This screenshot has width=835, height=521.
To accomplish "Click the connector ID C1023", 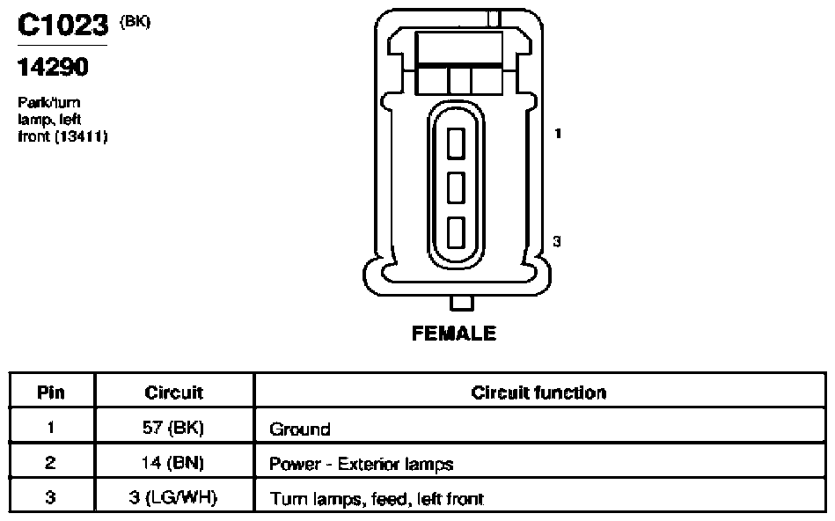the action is tap(62, 25).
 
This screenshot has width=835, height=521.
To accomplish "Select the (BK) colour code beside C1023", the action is tap(136, 22).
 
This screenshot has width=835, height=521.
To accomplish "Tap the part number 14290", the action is tap(53, 67).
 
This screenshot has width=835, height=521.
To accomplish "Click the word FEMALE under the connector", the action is tap(454, 334).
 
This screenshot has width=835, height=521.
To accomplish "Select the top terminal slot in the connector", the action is tap(456, 143).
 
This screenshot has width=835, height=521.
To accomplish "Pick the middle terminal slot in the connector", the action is tap(456, 187).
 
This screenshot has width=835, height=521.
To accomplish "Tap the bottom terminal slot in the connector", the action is tap(456, 232).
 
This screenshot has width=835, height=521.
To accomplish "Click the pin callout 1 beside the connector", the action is tap(558, 133).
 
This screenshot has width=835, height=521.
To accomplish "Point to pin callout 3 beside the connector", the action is tap(557, 241).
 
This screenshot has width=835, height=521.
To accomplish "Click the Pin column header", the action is tap(51, 393).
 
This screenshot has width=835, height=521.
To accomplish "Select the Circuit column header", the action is tap(174, 393).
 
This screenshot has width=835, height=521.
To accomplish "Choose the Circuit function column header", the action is tap(538, 393).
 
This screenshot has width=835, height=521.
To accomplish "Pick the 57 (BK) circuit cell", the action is tap(173, 427).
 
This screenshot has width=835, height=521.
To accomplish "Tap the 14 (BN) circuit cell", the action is tap(173, 462).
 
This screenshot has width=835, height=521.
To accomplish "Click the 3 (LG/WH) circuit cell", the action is tap(173, 497).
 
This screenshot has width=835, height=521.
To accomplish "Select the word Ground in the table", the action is tap(300, 429).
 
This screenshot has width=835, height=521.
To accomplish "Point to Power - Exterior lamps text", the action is tap(361, 464).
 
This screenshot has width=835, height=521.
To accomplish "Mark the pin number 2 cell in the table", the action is tap(50, 462).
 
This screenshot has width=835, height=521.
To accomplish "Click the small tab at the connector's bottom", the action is tap(461, 303).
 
